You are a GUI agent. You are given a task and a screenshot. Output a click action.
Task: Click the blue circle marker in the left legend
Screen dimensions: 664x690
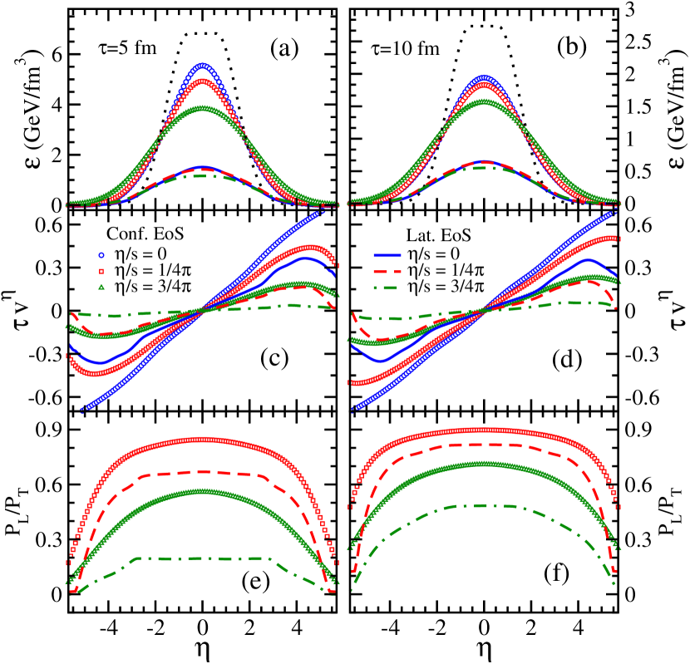101,255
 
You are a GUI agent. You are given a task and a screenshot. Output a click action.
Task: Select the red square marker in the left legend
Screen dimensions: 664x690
101,271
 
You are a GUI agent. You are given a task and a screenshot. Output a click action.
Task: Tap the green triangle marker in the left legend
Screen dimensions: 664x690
101,287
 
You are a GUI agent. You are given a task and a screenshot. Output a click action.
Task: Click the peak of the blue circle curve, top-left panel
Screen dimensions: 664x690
202,65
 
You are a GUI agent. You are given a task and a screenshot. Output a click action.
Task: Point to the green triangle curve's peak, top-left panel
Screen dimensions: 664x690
202,108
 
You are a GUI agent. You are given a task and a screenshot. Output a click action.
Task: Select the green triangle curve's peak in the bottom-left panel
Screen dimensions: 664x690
202,491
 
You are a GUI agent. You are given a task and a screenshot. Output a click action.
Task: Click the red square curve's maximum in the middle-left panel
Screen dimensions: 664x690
311,247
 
